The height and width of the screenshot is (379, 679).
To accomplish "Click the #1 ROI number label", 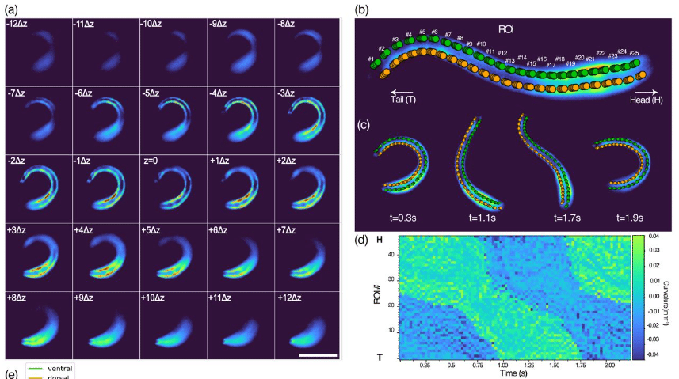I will (371, 59).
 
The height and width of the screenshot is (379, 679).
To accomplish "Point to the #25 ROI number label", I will (634, 53).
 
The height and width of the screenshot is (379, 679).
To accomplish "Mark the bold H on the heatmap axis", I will (380, 238).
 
